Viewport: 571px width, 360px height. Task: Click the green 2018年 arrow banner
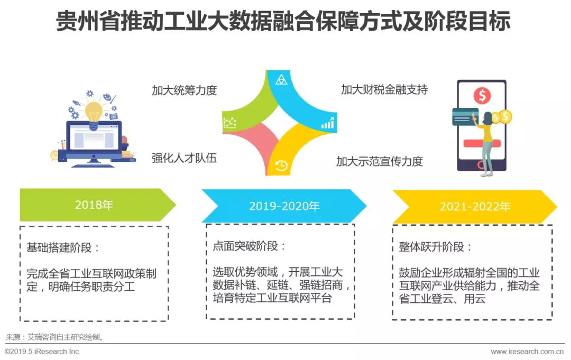tap(95, 205)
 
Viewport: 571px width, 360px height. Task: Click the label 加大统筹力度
tap(184, 90)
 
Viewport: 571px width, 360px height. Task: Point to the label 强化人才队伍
tap(184, 158)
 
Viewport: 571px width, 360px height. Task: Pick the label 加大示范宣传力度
tap(380, 161)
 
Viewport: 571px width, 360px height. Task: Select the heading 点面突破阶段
tap(249, 246)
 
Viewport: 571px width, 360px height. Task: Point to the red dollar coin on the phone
tap(482, 96)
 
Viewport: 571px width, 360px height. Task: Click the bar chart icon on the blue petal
tap(327, 124)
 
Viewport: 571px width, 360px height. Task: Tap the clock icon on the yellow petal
tap(281, 165)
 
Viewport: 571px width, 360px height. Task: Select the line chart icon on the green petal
tap(230, 123)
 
